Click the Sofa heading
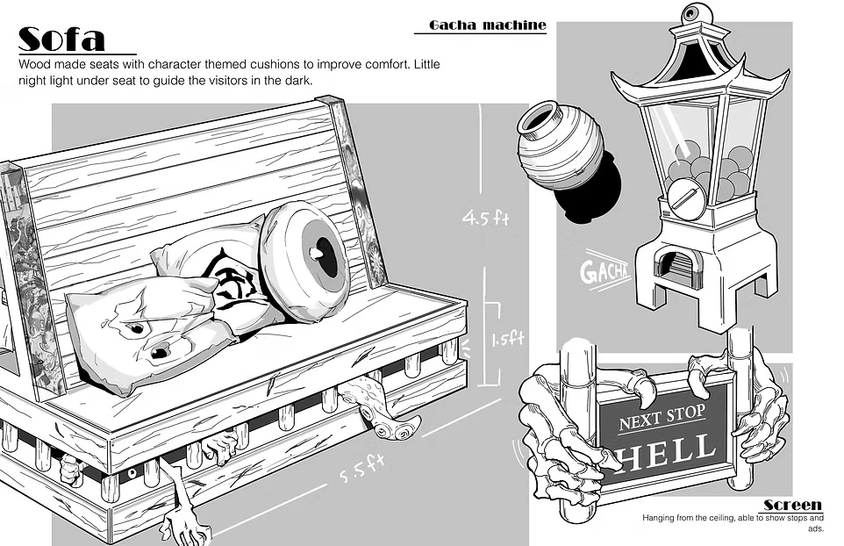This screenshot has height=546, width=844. coord(61,39)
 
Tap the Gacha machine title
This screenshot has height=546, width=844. coord(487,25)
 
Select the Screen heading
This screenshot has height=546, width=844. coord(792,505)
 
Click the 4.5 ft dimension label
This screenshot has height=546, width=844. coord(486,217)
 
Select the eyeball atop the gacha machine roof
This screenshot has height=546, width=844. coord(693,13)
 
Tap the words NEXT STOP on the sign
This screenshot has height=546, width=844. coord(664,420)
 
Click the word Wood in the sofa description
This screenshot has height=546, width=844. coord(34,65)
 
